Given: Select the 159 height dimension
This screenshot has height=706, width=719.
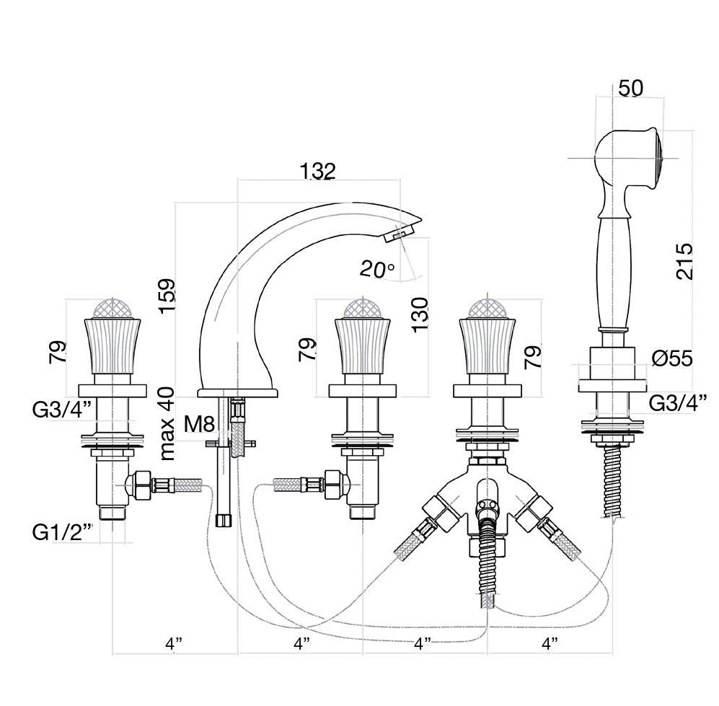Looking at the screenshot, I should [167, 296].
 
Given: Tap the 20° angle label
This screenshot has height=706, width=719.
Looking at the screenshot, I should [377, 270].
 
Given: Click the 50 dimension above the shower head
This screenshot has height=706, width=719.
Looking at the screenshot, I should [630, 88].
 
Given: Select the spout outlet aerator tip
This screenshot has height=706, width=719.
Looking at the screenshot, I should [399, 231].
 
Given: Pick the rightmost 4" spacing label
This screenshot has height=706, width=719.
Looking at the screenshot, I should [550, 643].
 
